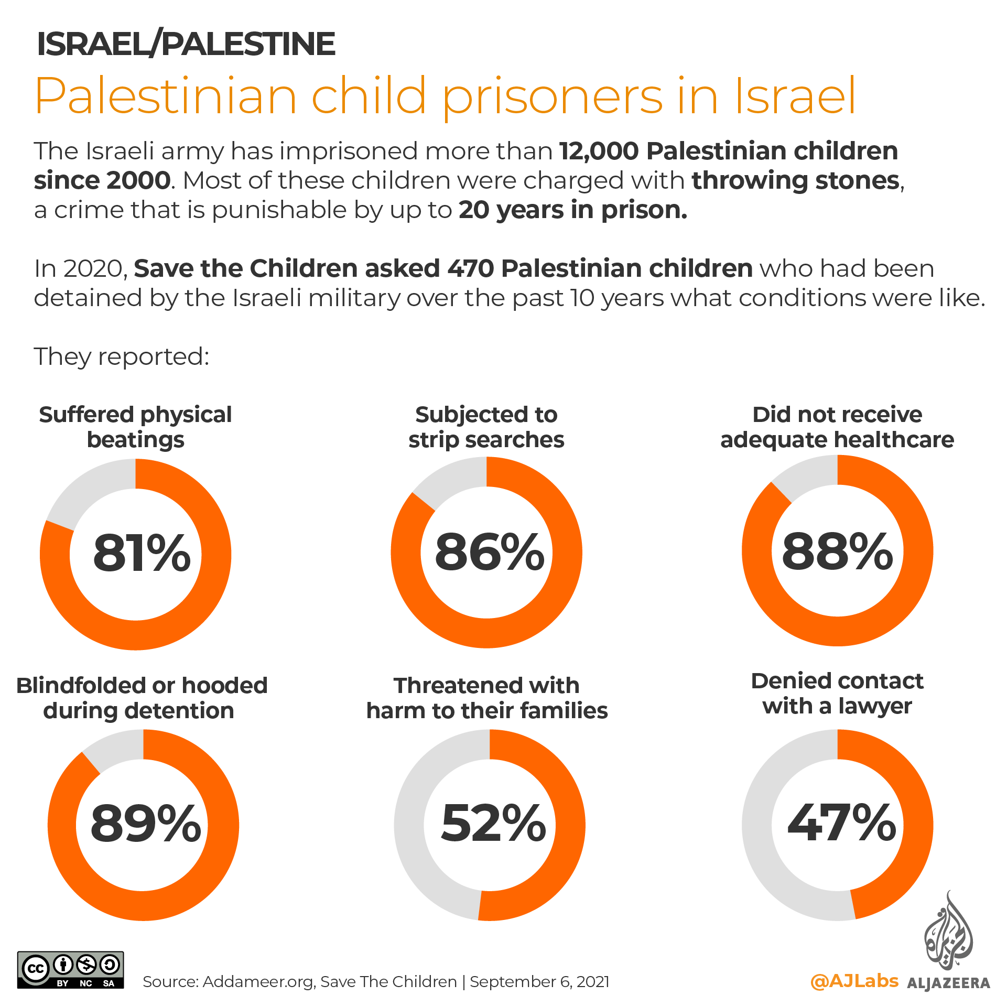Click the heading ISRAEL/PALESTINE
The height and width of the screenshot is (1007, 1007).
(x=186, y=44)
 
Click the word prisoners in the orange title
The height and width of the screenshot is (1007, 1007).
(x=553, y=96)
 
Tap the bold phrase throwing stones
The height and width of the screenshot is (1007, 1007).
(x=796, y=181)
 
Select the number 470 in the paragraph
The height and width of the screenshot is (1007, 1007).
(x=471, y=269)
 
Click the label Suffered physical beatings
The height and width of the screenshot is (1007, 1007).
(x=135, y=427)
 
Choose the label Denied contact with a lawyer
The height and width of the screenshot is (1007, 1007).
(x=837, y=693)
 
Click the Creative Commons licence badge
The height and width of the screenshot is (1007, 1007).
(x=71, y=970)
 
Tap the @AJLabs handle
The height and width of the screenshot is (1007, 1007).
(x=854, y=980)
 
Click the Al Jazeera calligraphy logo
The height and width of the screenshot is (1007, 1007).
(x=948, y=933)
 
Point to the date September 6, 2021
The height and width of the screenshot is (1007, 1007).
(x=539, y=981)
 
